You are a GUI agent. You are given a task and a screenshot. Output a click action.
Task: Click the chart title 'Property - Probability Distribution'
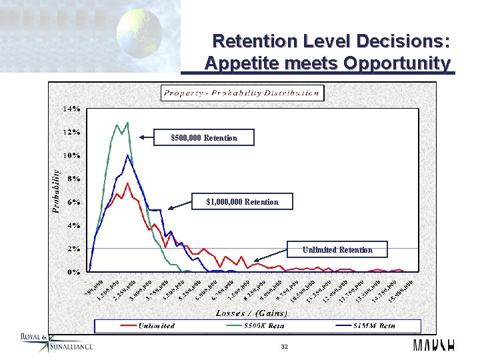click(x=241, y=93)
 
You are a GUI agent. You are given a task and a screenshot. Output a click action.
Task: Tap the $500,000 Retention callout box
click(x=203, y=138)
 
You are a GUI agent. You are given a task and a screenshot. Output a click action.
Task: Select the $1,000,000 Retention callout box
click(x=242, y=201)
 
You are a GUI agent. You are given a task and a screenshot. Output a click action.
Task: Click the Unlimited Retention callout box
click(x=337, y=250)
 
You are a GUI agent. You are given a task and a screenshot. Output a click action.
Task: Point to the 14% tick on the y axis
click(x=71, y=108)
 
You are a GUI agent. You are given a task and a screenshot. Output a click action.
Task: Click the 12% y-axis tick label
click(x=71, y=132)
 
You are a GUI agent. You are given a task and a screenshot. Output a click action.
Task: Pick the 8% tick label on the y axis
click(x=73, y=179)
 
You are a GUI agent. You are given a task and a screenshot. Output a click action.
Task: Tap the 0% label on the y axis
click(x=73, y=272)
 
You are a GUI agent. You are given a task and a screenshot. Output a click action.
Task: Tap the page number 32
click(x=284, y=347)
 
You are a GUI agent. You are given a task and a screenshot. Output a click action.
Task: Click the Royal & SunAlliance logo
click(x=56, y=341)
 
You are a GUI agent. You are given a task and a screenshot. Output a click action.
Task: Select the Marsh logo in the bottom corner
click(x=433, y=345)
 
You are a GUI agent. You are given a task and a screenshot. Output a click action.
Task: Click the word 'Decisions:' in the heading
click(x=406, y=41)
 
